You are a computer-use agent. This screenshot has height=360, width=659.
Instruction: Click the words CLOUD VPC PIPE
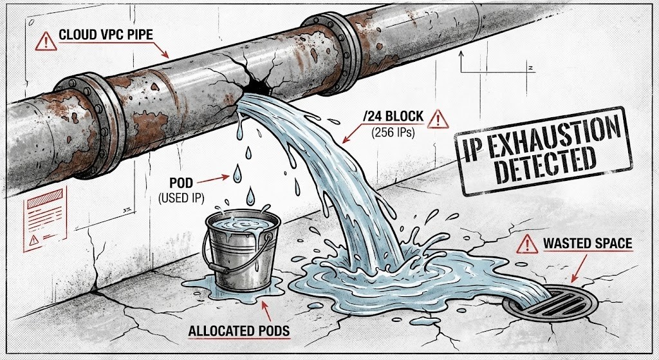[106, 35]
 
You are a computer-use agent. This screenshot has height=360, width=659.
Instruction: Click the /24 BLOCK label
[393, 117]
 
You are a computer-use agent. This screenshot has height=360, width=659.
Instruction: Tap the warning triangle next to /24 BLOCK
[438, 119]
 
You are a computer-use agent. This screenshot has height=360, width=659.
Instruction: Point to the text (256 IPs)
[393, 133]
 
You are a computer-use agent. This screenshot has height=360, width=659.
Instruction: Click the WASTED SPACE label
[587, 243]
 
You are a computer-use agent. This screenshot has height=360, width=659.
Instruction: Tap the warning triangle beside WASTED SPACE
[527, 245]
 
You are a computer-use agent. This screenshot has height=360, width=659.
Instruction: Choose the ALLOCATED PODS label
[239, 331]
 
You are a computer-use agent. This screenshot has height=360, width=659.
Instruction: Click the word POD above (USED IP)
[181, 184]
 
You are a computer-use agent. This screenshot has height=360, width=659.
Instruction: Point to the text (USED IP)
[181, 198]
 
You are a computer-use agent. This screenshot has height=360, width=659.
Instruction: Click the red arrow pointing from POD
[213, 180]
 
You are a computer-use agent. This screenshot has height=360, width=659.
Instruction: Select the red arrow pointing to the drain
[579, 268]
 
